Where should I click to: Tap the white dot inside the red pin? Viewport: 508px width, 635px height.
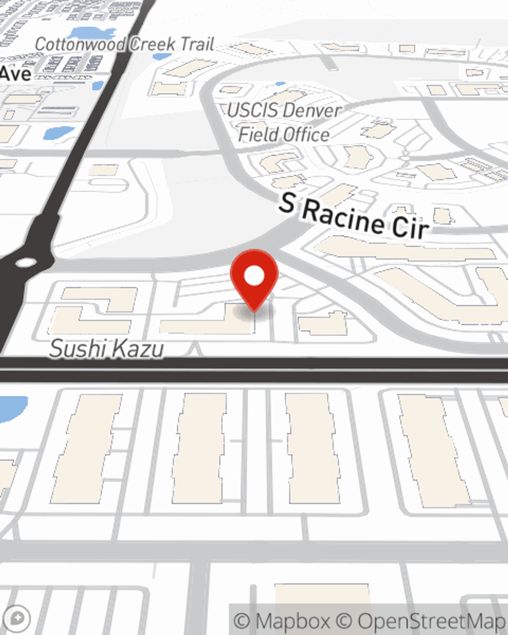coord(254,276)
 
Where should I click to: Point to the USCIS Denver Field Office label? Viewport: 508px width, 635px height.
coord(284,122)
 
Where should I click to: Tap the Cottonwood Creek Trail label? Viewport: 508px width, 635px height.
coord(124,44)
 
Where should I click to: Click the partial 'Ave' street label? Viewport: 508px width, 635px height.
coord(15,74)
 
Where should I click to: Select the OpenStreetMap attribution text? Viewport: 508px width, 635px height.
coord(430,621)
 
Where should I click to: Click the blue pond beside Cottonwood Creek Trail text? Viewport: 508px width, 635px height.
coord(92,34)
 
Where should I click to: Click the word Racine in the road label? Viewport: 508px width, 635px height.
coord(343,215)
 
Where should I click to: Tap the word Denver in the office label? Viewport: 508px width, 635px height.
coord(312,110)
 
